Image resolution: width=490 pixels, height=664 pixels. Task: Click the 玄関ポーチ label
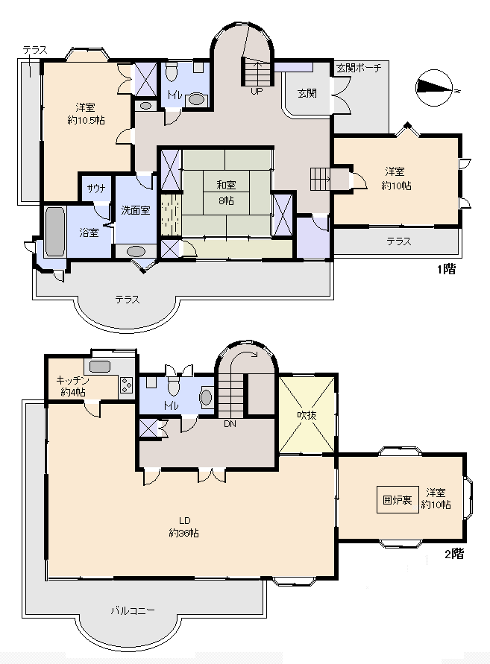tap(359, 68)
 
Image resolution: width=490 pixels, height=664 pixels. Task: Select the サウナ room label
tap(95, 189)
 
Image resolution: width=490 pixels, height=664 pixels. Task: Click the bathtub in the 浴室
tap(54, 231)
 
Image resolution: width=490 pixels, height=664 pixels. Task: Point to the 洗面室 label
tap(136, 210)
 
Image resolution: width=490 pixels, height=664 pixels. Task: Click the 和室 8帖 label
tap(226, 193)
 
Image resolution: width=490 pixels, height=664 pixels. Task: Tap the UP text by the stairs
tap(257, 91)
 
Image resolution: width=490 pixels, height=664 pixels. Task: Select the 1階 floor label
tap(446, 269)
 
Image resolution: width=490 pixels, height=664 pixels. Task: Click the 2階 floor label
tap(454, 554)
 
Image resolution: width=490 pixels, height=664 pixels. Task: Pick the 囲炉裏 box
tap(398, 500)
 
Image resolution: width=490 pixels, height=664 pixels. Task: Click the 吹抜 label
tap(307, 415)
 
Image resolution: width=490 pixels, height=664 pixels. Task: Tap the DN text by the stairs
tap(230, 423)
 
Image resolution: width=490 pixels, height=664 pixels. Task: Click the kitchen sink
tap(100, 367)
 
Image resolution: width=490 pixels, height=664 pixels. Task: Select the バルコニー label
tap(133, 610)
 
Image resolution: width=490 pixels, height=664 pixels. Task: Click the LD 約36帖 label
tap(184, 527)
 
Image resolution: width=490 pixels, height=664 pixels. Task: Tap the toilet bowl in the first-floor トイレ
tap(172, 72)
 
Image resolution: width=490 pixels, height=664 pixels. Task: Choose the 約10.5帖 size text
tap(86, 121)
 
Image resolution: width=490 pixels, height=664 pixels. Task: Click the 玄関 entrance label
tap(307, 93)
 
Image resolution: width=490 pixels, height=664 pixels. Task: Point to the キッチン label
tap(73, 380)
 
